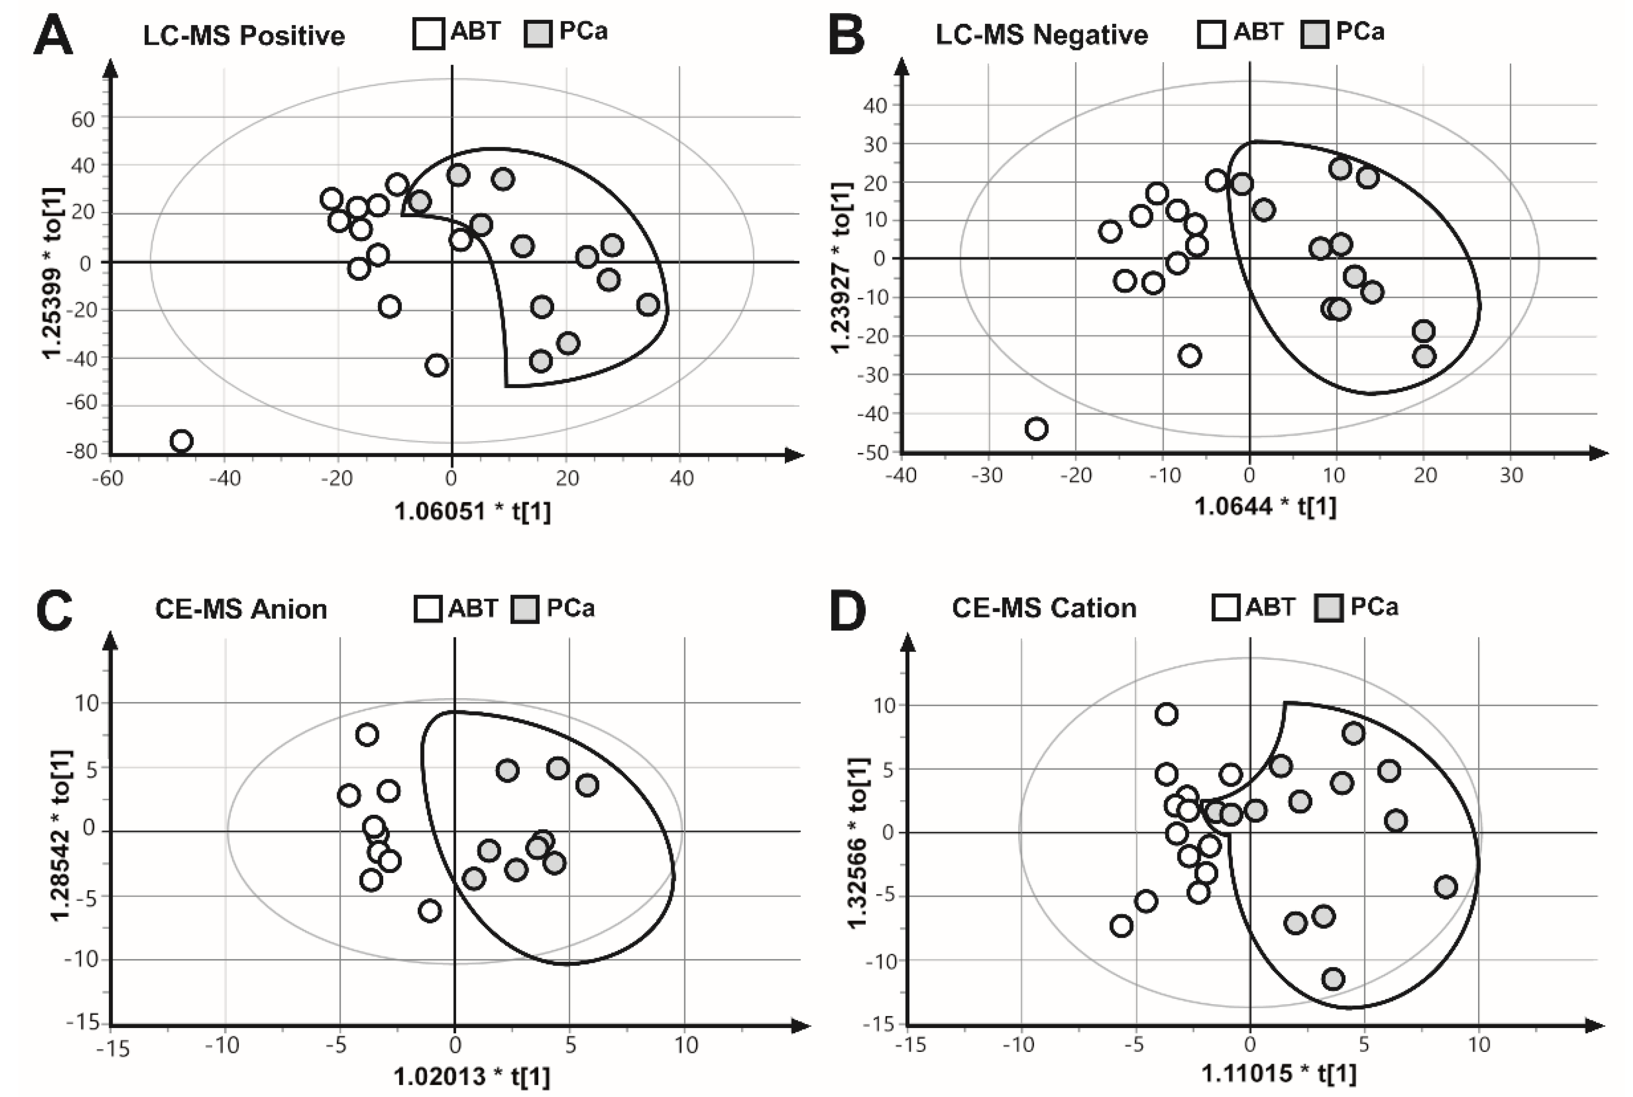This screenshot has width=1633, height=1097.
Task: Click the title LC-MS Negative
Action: click(x=1041, y=34)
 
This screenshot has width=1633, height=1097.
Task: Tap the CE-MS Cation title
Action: click(x=1043, y=607)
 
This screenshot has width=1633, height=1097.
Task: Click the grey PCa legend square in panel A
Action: click(x=538, y=34)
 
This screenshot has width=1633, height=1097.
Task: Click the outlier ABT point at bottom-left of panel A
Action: click(x=181, y=441)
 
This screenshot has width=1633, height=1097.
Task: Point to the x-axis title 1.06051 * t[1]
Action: click(x=472, y=512)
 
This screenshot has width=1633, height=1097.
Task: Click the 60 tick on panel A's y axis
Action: click(x=83, y=120)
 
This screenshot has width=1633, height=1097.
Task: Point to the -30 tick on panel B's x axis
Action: click(x=987, y=476)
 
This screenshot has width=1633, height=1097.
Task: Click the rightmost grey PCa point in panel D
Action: click(x=1446, y=887)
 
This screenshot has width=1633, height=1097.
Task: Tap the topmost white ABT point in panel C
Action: click(x=367, y=735)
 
